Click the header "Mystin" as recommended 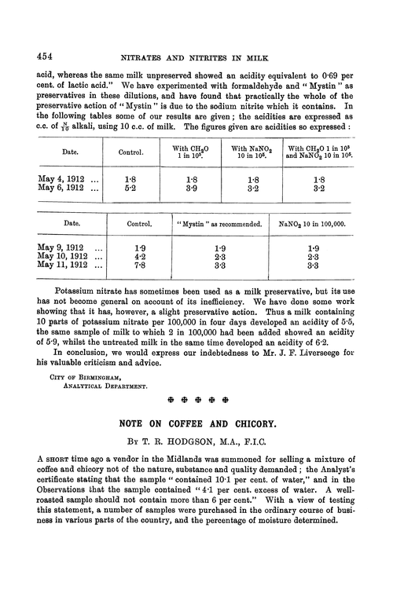coord(219,225)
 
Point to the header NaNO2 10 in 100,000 coord(311,225)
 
